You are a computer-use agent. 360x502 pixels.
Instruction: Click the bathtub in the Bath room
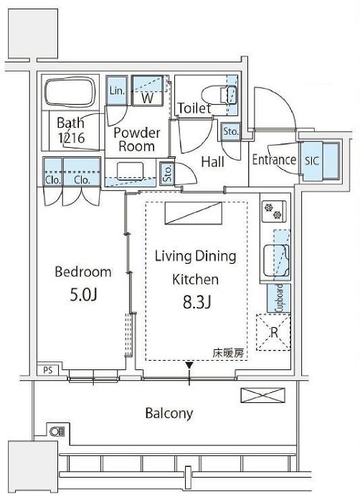pyautogui.click(x=70, y=92)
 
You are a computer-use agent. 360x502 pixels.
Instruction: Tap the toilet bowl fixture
pyautogui.click(x=219, y=95)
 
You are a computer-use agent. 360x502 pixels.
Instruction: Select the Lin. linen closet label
pyautogui.click(x=117, y=90)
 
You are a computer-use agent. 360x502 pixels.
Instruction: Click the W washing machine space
pyautogui.click(x=147, y=98)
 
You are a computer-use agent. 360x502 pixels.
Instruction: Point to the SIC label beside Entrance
pyautogui.click(x=312, y=161)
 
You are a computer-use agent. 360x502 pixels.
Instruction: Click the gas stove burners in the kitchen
pyautogui.click(x=273, y=211)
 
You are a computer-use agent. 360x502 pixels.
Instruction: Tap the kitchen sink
pyautogui.click(x=276, y=260)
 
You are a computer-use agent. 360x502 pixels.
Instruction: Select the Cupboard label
pyautogui.click(x=279, y=298)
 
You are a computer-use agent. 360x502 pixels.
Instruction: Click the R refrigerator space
pyautogui.click(x=273, y=332)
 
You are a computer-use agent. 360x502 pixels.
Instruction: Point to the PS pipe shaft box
pyautogui.click(x=48, y=370)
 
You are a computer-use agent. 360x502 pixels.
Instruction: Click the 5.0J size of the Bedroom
pyautogui.click(x=83, y=295)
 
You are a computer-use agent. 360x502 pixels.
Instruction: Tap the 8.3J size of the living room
pyautogui.click(x=196, y=302)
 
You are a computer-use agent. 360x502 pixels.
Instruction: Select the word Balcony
pyautogui.click(x=169, y=413)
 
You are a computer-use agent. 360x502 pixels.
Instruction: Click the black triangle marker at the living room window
pyautogui.click(x=189, y=365)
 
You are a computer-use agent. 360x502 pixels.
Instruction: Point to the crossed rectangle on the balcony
pyautogui.click(x=262, y=394)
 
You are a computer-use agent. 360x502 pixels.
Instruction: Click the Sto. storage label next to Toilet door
pyautogui.click(x=231, y=131)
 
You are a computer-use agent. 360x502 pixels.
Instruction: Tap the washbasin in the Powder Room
pyautogui.click(x=130, y=171)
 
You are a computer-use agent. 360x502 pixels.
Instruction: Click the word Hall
pyautogui.click(x=212, y=162)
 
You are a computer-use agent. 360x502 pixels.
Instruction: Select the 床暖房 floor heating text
pyautogui.click(x=228, y=353)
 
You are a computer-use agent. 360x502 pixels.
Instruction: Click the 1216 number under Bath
pyautogui.click(x=72, y=138)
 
